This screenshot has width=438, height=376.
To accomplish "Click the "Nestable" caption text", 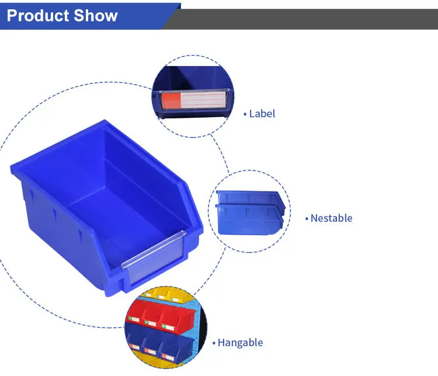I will [x=331, y=218].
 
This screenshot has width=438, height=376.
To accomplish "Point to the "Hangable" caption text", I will [x=240, y=343].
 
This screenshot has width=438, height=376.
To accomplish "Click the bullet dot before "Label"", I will [x=245, y=114].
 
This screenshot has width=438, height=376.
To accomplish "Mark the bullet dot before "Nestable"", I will [x=307, y=219].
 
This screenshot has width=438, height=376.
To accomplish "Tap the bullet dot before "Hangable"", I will [x=214, y=343].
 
